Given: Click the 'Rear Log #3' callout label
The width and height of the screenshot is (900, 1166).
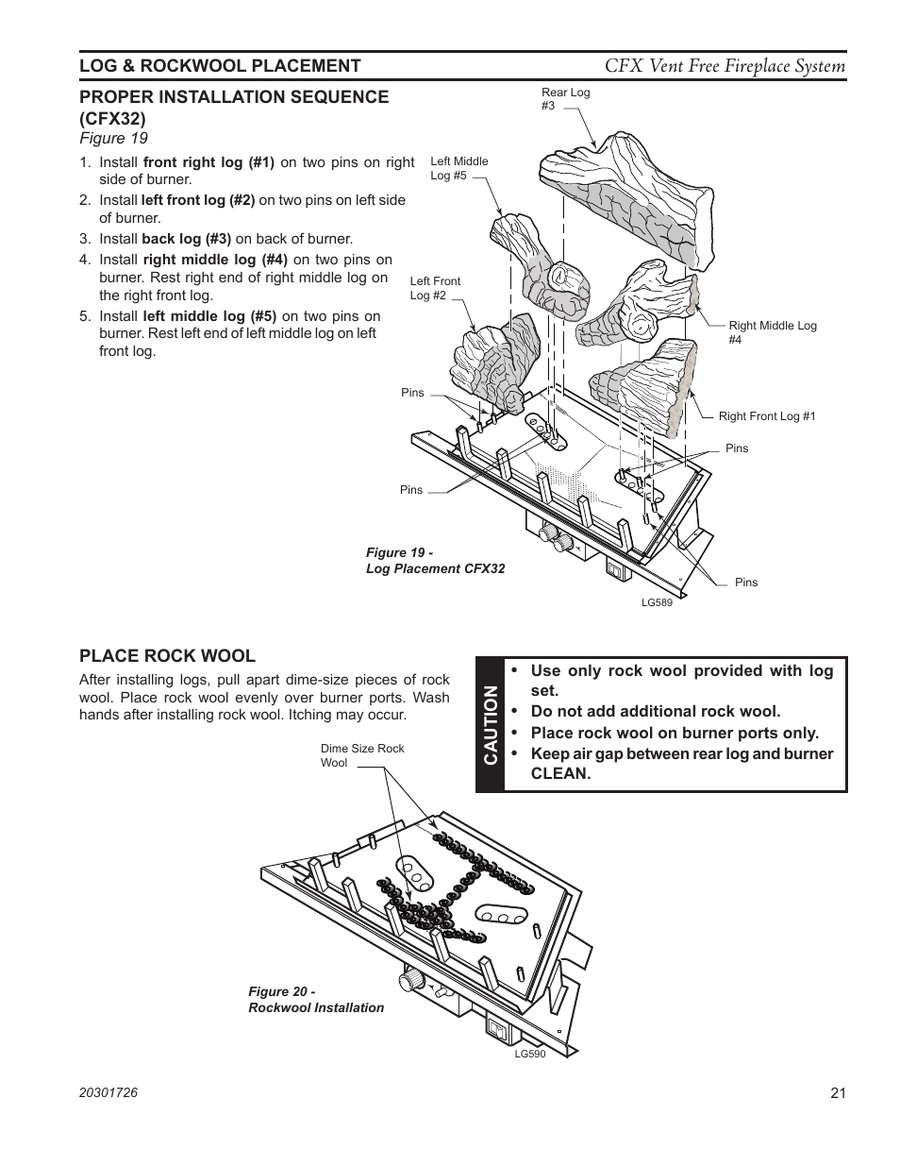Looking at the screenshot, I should (x=565, y=99).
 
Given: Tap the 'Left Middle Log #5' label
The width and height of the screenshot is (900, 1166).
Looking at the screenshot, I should (x=458, y=168).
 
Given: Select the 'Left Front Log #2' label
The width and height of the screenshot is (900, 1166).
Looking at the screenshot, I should (x=435, y=288).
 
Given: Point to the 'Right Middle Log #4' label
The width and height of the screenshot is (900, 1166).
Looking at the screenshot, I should (x=772, y=332).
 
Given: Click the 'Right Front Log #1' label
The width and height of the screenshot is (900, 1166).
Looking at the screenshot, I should (x=766, y=416).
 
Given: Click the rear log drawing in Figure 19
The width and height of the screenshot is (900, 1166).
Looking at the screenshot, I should (x=623, y=198).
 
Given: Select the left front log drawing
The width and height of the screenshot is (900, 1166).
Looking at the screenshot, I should (x=491, y=363).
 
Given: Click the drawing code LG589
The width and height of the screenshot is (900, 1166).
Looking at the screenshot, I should (x=657, y=602).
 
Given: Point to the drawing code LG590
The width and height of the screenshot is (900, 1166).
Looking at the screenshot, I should (x=529, y=1054).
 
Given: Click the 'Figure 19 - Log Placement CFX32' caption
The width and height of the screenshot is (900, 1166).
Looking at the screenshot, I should (x=435, y=561).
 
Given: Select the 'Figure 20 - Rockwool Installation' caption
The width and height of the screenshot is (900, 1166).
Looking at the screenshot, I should (x=315, y=1000).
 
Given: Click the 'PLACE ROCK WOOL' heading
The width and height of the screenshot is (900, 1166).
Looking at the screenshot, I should (x=167, y=656).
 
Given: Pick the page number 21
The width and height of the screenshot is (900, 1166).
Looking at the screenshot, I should (x=838, y=1093).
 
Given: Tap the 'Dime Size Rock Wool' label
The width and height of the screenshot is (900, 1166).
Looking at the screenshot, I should (x=361, y=755).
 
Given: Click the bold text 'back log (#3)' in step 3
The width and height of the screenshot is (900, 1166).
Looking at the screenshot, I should (x=186, y=239).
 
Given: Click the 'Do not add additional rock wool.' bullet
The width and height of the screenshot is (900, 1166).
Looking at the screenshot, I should (x=655, y=712).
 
